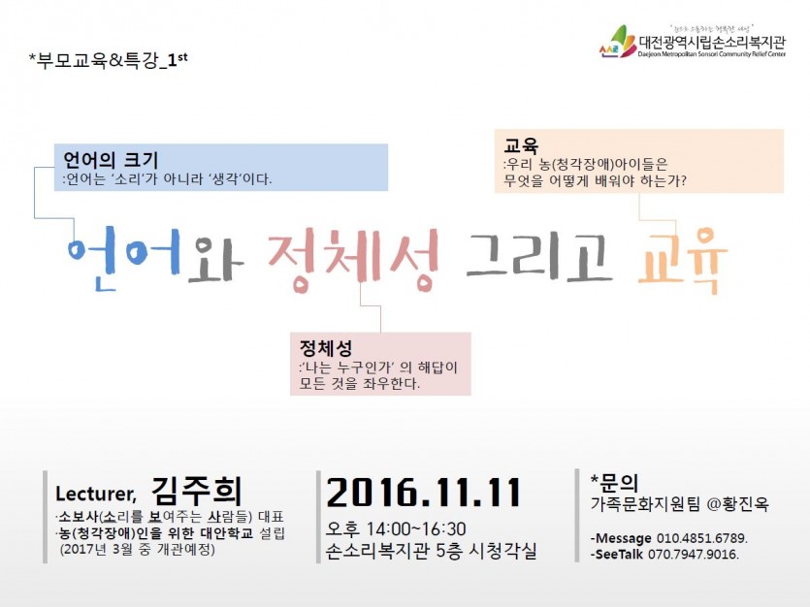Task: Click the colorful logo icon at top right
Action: click(618, 42)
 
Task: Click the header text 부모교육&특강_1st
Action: click(109, 61)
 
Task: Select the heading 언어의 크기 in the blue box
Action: click(110, 160)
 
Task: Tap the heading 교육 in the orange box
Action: click(521, 145)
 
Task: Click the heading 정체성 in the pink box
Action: click(326, 348)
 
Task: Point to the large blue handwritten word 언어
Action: click(124, 257)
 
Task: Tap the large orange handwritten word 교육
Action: click(683, 261)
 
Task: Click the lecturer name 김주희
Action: click(197, 491)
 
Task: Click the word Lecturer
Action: click(96, 494)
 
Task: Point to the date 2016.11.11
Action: click(424, 493)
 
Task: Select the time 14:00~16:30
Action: click(416, 529)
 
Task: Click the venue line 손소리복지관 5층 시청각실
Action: click(432, 552)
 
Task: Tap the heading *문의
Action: click(614, 483)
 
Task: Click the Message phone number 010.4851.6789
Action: click(702, 538)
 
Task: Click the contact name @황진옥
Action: click(737, 504)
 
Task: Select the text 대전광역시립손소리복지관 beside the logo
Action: click(712, 41)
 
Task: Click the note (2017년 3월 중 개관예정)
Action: click(138, 549)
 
